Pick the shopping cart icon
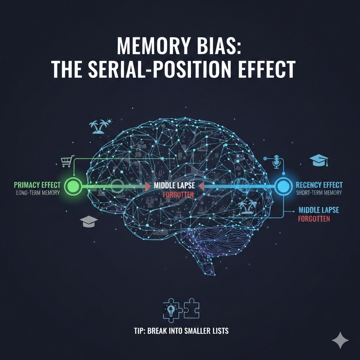tap(66, 161)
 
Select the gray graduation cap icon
tap(89, 221)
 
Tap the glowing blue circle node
tap(283, 185)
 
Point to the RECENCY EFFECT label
tap(320, 185)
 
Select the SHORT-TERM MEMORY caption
tap(319, 193)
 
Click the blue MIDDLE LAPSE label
tap(319, 210)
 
